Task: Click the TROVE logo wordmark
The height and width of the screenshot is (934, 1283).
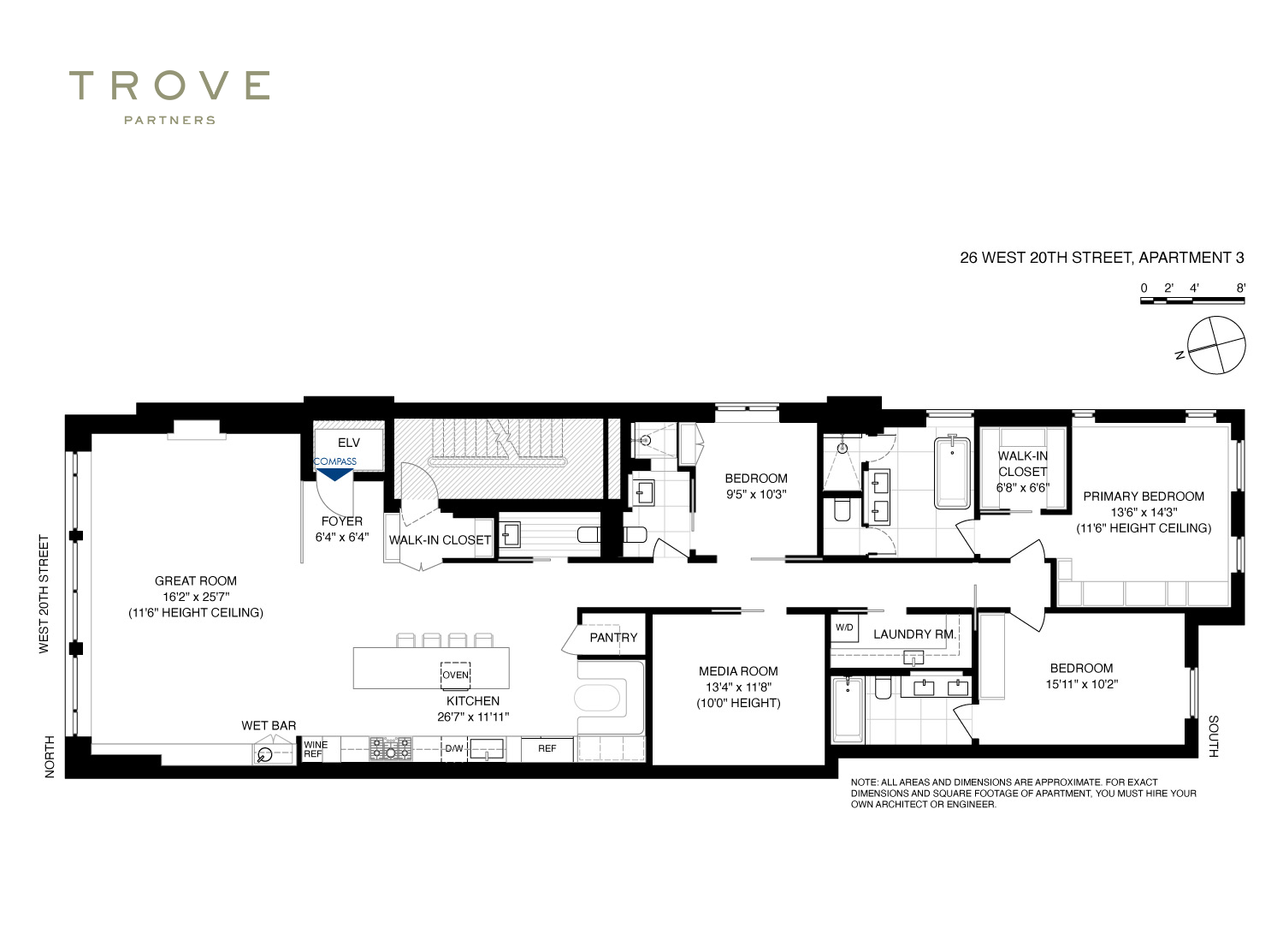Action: (169, 86)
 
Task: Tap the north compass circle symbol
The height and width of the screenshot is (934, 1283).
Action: (1216, 346)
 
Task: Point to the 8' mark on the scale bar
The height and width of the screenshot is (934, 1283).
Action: (1240, 288)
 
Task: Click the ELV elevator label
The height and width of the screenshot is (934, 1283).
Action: (348, 443)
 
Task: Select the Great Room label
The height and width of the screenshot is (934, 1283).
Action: (195, 580)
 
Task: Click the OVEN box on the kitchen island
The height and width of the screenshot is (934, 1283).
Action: (455, 675)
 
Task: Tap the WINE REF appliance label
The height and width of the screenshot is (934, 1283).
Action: (316, 749)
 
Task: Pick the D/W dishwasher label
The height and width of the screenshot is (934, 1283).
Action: (454, 748)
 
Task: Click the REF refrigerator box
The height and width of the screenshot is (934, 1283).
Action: (547, 749)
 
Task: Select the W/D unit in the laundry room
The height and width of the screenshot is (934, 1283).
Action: (844, 628)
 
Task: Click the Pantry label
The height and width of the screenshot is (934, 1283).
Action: (613, 638)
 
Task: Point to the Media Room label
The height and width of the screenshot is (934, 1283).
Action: (738, 671)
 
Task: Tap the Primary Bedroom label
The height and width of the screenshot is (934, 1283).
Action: (1144, 497)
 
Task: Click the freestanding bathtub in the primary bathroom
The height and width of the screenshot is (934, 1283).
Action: (952, 473)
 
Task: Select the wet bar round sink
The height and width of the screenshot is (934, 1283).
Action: (265, 754)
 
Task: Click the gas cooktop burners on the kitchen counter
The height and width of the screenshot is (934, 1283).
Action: (391, 749)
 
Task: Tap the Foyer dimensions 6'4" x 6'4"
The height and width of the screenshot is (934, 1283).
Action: (342, 538)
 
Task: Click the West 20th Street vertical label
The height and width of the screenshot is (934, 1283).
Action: (44, 594)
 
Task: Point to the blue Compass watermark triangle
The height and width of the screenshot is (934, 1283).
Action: (334, 474)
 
